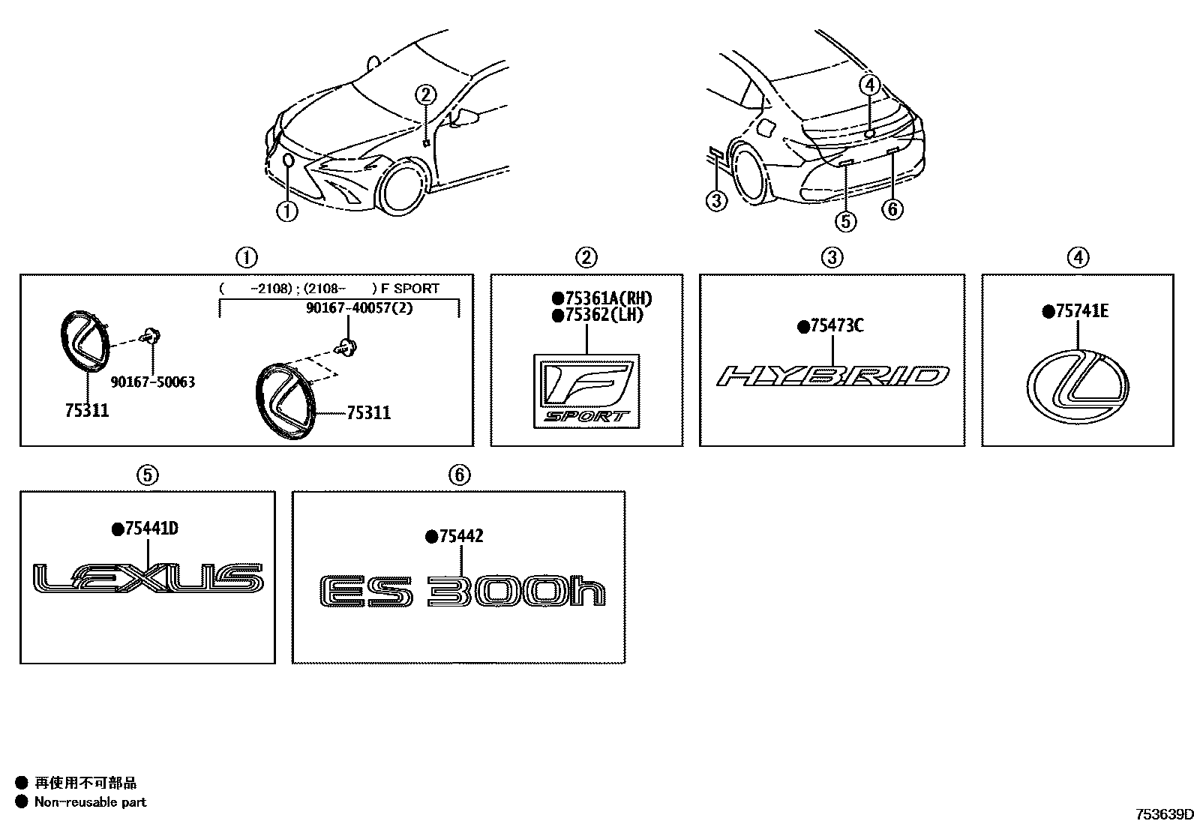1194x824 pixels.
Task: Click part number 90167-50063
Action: pyautogui.click(x=153, y=382)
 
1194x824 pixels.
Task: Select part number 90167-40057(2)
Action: pyautogui.click(x=359, y=308)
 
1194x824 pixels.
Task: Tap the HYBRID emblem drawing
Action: pyautogui.click(x=832, y=376)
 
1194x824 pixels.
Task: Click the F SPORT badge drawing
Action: pyautogui.click(x=586, y=391)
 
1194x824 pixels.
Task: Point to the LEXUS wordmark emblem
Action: pyautogui.click(x=148, y=578)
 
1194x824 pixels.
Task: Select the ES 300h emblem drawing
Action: pyautogui.click(x=462, y=591)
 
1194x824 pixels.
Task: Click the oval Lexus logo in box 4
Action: pyautogui.click(x=1077, y=386)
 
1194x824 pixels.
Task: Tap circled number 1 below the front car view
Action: pyautogui.click(x=286, y=211)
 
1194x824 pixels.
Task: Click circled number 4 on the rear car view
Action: pyautogui.click(x=870, y=84)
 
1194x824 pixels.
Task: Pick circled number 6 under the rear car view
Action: pyautogui.click(x=892, y=208)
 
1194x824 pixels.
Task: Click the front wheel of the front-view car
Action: pyautogui.click(x=403, y=187)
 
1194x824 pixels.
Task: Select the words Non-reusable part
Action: pyautogui.click(x=91, y=802)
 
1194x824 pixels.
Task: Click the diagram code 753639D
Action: pyautogui.click(x=1164, y=814)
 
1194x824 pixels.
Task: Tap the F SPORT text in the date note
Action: pyautogui.click(x=410, y=289)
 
